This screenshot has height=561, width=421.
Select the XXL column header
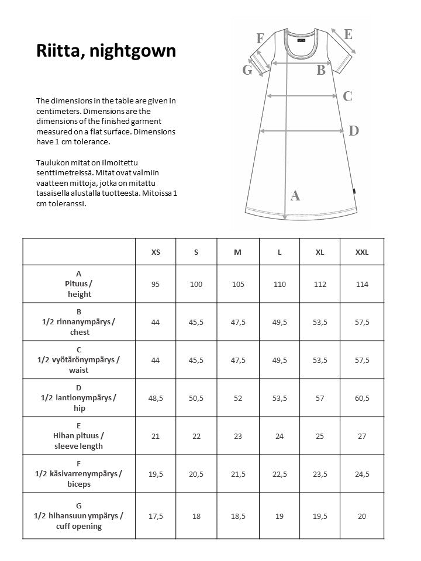coord(362,252)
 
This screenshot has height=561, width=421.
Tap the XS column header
coord(156,252)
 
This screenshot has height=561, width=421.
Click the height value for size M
coord(237,284)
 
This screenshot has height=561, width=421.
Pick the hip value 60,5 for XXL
coord(362,398)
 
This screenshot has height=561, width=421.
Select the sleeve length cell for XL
coord(320,436)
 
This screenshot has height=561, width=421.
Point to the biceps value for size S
coord(196,474)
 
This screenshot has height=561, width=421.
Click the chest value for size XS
coord(156,322)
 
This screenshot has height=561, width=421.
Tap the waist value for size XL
coord(320,360)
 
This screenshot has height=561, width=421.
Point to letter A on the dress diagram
coord(295,196)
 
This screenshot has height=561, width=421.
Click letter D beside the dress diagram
coord(353,131)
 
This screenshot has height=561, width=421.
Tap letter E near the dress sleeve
coord(348,34)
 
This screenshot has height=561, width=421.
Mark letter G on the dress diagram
coord(247,70)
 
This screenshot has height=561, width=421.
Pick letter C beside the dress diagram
coord(347,96)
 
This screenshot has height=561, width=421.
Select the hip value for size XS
coord(156,398)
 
